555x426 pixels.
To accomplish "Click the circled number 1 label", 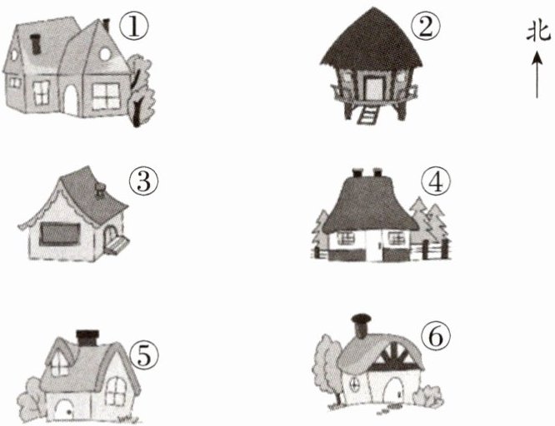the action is (134, 27).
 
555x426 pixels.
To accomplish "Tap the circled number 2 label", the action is (426, 27).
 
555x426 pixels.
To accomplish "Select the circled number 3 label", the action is (143, 181).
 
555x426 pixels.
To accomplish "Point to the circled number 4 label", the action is (436, 181).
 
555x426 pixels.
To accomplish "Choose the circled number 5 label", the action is (144, 355).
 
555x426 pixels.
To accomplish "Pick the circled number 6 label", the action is (436, 335).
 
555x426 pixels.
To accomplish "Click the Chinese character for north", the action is (538, 32).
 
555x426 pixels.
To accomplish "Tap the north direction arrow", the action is (537, 74).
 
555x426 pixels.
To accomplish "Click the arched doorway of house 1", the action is (71, 101).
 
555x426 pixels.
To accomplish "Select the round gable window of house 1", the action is (105, 54).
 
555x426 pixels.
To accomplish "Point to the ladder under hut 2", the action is (367, 116).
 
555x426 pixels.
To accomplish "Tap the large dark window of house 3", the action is (59, 235).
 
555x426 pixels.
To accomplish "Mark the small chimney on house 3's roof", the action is (100, 191).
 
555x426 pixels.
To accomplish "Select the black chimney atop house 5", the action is (87, 338).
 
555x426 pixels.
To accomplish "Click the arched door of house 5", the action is (64, 410).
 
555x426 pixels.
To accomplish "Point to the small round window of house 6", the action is (354, 384).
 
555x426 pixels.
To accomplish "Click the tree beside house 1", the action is (141, 90).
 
